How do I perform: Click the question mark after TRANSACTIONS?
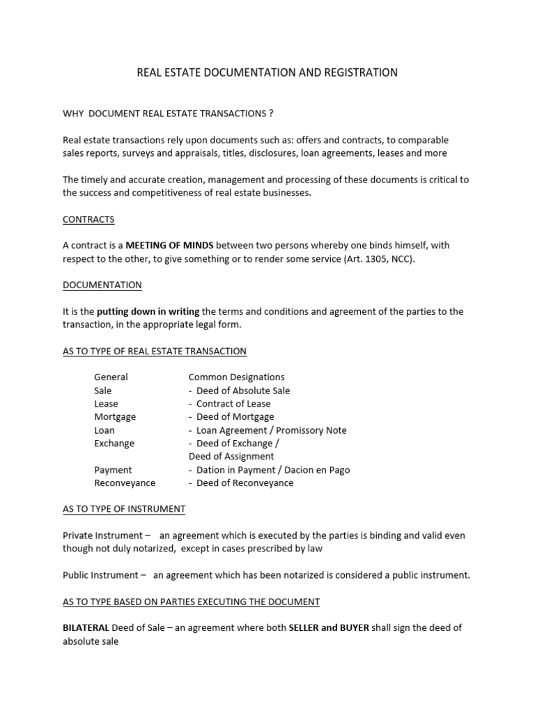point(270,113)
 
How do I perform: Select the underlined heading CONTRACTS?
point(88,219)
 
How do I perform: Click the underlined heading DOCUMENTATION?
point(102,285)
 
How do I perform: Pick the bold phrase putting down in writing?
point(148,311)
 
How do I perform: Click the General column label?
point(111,377)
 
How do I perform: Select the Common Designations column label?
point(236,377)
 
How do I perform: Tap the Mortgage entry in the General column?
point(115,416)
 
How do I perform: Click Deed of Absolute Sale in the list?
point(243,391)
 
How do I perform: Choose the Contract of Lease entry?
point(233,404)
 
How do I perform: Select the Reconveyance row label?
point(125,483)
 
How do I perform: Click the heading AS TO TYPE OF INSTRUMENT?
point(124,509)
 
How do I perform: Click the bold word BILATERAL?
point(86,627)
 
